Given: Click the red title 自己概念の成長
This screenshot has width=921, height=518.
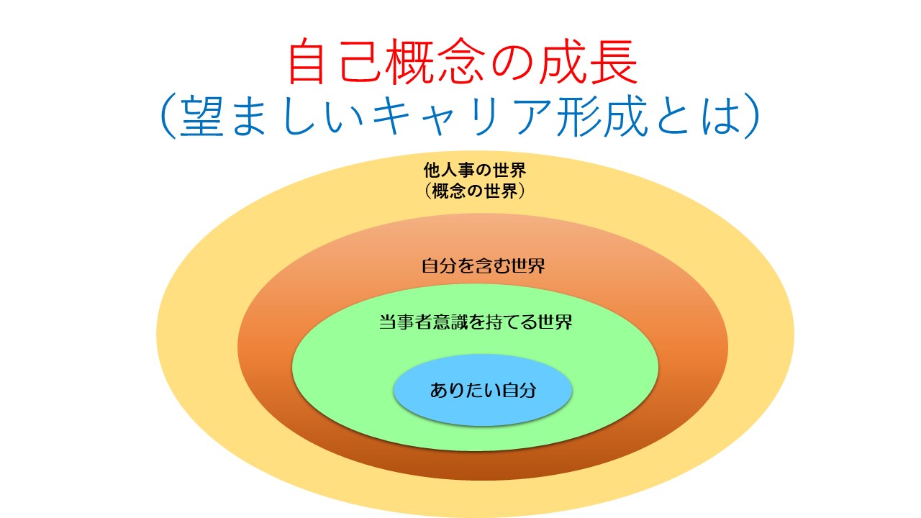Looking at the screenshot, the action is coord(463,61).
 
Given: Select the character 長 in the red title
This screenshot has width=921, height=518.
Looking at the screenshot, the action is coord(614,61).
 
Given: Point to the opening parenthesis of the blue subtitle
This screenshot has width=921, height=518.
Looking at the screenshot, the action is coord(168,116).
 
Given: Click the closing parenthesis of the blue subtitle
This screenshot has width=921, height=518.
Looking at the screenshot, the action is coord(752,116).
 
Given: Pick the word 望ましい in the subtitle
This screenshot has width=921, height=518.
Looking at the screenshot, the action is coord(272,116).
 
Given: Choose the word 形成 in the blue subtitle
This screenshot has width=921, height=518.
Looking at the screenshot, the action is coord(602,116).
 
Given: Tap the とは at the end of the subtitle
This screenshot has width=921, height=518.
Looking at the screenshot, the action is coord(698,116).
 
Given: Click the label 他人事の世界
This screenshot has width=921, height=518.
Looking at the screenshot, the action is coord(475,171).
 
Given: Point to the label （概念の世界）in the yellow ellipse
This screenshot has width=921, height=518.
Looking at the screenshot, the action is coord(475,191).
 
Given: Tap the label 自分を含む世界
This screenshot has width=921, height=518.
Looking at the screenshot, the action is coord(483,265).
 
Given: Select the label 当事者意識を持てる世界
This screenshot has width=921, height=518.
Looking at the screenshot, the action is coord(476,322).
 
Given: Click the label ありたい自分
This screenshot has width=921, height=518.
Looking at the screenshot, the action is coord(483,390).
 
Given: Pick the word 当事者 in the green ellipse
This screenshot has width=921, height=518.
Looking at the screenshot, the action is coord(405,322).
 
